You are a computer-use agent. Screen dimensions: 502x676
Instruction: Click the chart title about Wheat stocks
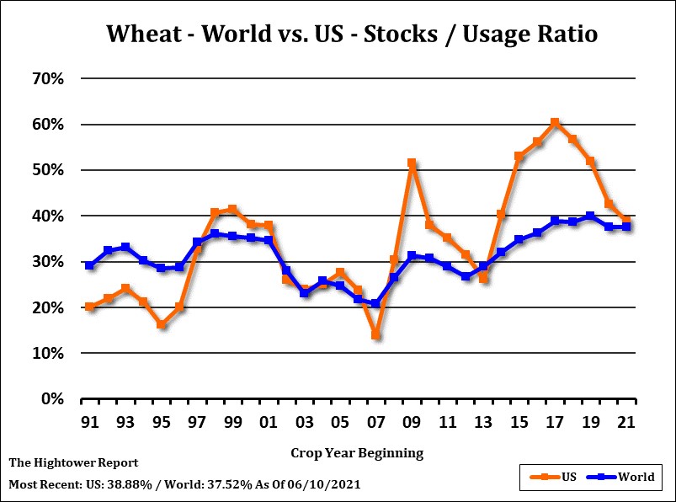(351, 35)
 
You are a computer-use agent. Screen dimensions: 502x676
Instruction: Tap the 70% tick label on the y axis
(49, 78)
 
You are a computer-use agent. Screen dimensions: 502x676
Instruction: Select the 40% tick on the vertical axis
(49, 216)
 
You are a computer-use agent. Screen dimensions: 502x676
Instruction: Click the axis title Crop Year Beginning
(357, 453)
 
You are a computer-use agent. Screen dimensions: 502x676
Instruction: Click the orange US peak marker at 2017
(555, 123)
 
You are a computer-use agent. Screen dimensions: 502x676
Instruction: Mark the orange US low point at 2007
(376, 335)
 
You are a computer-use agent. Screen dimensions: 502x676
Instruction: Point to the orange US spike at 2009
(412, 163)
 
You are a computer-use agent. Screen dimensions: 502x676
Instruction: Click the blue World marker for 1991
(89, 265)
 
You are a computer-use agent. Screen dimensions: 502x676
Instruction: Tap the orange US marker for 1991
(89, 307)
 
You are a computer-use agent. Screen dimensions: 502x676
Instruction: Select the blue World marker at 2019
(591, 216)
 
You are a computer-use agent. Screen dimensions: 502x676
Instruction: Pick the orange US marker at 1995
(161, 324)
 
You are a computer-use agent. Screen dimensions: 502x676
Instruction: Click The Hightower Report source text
(73, 463)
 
